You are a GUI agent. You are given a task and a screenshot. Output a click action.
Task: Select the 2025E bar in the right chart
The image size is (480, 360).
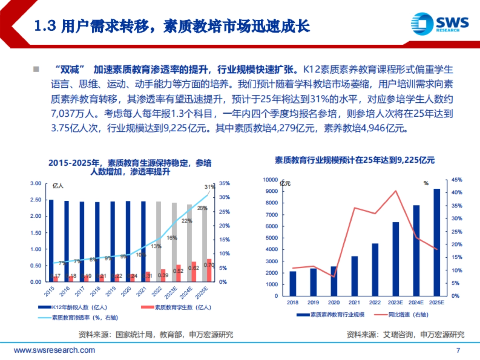point(437,242)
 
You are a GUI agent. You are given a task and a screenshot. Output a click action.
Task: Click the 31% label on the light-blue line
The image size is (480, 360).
point(209,187)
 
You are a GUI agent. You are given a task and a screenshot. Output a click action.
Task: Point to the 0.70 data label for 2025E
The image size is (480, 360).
point(208,265)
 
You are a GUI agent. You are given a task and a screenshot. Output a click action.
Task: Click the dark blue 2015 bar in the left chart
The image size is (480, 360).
point(51,240)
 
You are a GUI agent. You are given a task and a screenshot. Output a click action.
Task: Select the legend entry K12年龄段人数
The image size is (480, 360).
point(72,307)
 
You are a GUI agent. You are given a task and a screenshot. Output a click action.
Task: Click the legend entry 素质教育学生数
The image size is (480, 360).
point(176,307)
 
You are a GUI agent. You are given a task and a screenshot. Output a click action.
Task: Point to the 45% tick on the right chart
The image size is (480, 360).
point(457,180)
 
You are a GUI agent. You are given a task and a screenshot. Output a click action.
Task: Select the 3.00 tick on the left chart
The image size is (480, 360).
point(36,183)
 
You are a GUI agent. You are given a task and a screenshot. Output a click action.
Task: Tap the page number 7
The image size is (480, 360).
point(458,350)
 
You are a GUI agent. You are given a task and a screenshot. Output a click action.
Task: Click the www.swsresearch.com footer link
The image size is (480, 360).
point(54,350)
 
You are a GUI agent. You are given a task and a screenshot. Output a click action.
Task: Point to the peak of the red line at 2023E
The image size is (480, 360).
point(396,190)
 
